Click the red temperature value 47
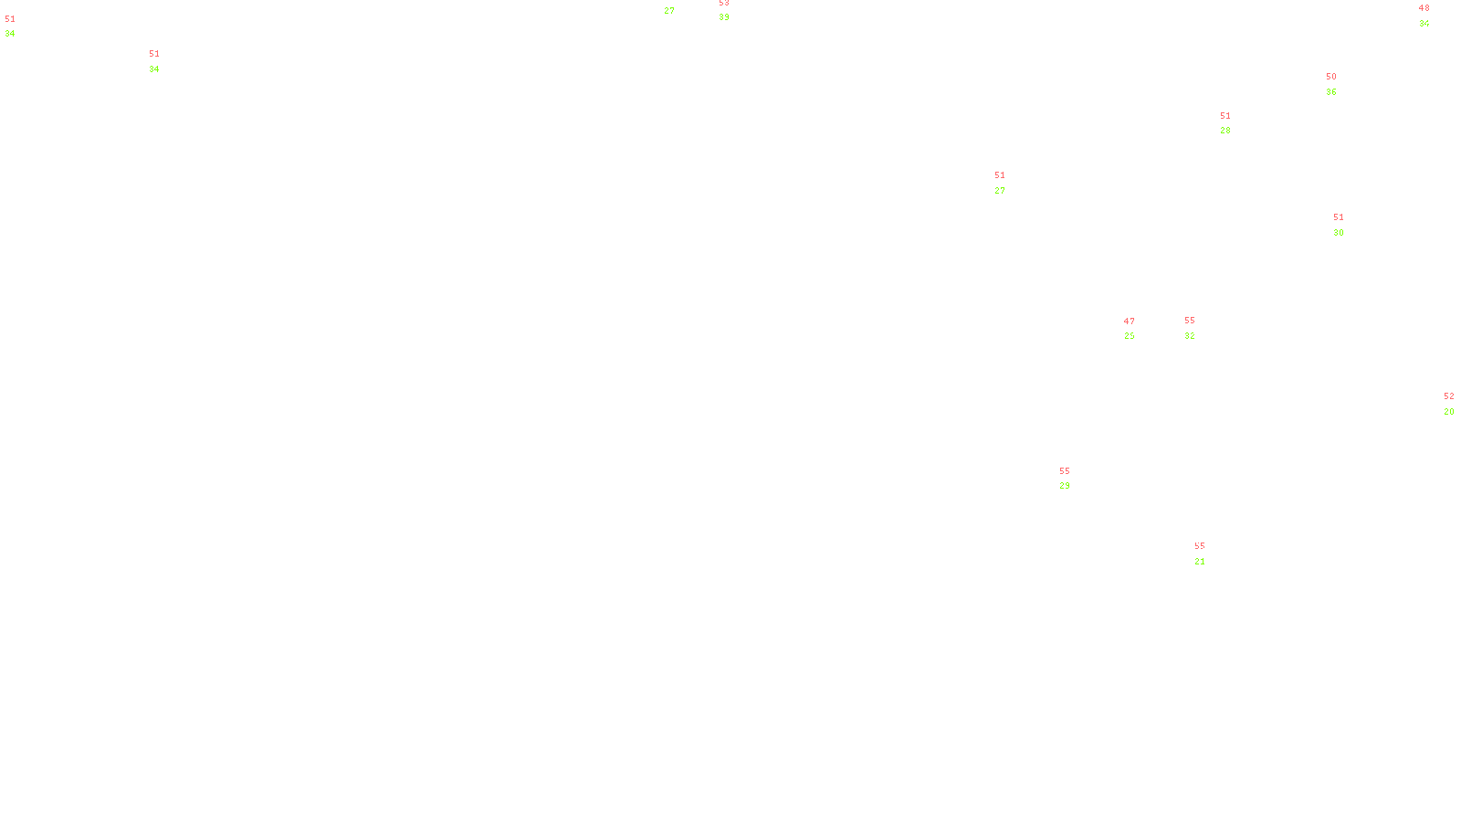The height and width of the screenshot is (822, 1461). click(1130, 321)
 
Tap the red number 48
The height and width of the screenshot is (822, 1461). click(1424, 8)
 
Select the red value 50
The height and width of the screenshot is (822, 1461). click(1331, 77)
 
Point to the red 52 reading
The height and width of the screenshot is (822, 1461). click(1448, 396)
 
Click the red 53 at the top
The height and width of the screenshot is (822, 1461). click(724, 3)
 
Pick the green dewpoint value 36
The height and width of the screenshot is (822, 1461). click(1331, 92)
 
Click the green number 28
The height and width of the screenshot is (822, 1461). click(1225, 131)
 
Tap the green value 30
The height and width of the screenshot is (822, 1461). click(1339, 233)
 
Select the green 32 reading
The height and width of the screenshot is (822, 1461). click(1190, 336)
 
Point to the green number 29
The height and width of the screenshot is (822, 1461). click(1065, 486)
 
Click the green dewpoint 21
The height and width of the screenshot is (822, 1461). click(1200, 562)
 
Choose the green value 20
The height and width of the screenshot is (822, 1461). click(1448, 412)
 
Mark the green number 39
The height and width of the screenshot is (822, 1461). click(724, 17)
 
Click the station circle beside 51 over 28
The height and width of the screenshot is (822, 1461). click(1235, 123)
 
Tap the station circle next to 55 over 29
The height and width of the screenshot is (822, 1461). click(1074, 479)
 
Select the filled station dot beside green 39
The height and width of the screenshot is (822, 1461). click(732, 10)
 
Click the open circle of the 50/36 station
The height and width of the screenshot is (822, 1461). click(1340, 84)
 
